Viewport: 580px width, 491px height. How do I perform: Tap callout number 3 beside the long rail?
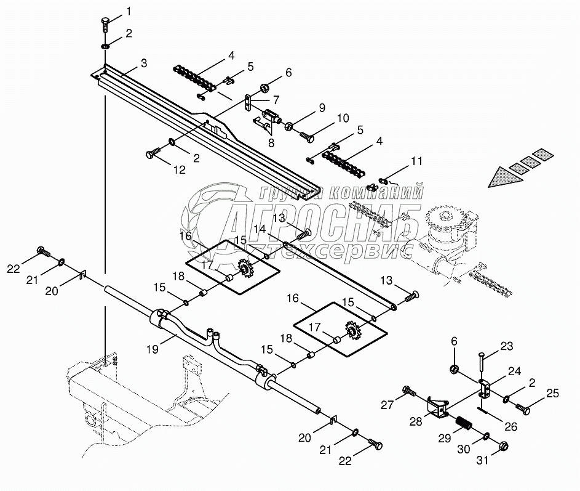[x=143, y=63]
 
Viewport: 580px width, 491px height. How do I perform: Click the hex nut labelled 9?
[x=287, y=126]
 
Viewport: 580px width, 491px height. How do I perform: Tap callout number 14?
[x=259, y=229]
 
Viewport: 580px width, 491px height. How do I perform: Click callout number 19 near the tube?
[x=153, y=349]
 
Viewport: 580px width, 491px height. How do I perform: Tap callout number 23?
[x=506, y=346]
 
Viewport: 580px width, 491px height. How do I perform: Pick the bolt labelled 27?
[x=409, y=390]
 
